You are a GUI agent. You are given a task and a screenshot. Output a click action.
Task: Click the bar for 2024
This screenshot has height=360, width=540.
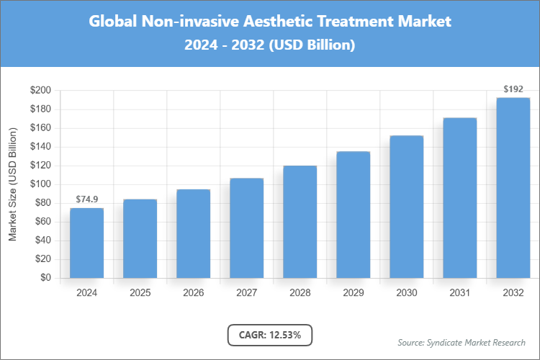tap(86, 243)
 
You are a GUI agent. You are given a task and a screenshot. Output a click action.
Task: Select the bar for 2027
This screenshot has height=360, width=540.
tap(246, 228)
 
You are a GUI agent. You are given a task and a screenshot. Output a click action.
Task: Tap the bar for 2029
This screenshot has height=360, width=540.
tap(353, 215)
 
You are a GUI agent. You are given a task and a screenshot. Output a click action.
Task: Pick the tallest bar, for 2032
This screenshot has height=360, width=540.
tap(513, 187)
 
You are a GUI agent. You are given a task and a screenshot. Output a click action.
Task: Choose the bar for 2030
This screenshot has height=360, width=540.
tap(406, 207)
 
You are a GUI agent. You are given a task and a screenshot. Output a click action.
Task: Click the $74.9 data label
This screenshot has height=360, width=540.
tap(86, 199)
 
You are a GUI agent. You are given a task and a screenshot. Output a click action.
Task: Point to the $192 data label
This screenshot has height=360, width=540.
tap(513, 89)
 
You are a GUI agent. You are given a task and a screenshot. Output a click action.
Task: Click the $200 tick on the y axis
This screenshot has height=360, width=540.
tap(40, 91)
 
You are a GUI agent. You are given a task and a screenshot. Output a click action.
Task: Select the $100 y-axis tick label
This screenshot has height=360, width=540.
tap(40, 184)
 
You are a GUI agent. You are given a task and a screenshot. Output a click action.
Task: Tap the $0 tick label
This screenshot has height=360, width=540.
tap(45, 278)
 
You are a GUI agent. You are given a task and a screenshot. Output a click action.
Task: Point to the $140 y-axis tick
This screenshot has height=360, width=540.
tap(40, 147)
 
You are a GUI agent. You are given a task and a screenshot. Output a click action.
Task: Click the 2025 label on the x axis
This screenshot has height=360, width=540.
tap(140, 293)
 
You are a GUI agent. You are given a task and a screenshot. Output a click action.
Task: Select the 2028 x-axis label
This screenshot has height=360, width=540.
tap(300, 293)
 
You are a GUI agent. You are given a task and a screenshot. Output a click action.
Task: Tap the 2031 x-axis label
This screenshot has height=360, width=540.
tap(459, 293)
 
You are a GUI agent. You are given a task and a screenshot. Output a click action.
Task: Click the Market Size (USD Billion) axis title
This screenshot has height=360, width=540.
tap(13, 184)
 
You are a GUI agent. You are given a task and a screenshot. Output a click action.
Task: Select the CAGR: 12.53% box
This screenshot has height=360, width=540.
tap(270, 335)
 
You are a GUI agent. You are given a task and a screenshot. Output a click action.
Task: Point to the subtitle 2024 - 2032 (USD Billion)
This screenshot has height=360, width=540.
tap(270, 45)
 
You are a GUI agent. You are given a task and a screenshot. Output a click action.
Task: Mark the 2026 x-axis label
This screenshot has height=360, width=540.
tap(193, 293)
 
